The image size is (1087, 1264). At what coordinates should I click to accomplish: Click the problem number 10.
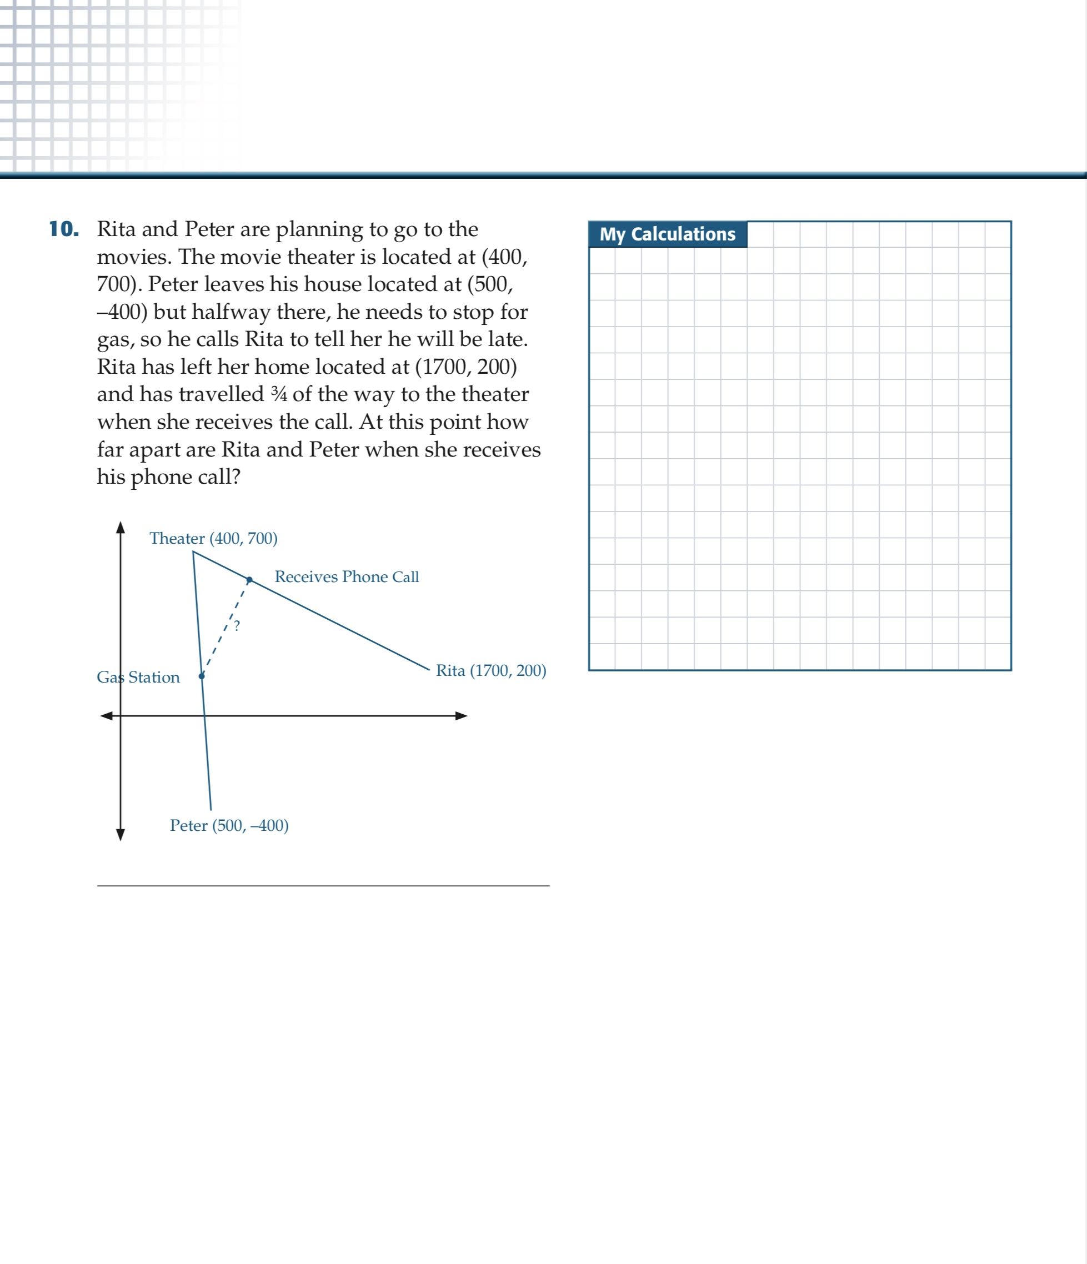64,229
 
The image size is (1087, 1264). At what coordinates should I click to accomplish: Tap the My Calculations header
667,234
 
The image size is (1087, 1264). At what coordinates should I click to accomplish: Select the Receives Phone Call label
347,576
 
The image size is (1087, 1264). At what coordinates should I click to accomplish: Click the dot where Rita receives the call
249,580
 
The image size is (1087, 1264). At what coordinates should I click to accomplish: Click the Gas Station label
138,677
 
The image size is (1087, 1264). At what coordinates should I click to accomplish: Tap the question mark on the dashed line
237,625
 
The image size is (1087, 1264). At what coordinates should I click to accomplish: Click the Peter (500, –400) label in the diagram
229,825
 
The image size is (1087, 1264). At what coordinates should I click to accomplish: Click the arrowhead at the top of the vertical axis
121,528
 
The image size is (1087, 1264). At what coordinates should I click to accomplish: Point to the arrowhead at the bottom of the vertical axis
121,835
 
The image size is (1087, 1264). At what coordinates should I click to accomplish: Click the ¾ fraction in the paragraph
279,394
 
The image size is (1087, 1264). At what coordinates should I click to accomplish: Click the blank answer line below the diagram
323,885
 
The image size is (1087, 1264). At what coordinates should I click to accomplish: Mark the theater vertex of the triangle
193,552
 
